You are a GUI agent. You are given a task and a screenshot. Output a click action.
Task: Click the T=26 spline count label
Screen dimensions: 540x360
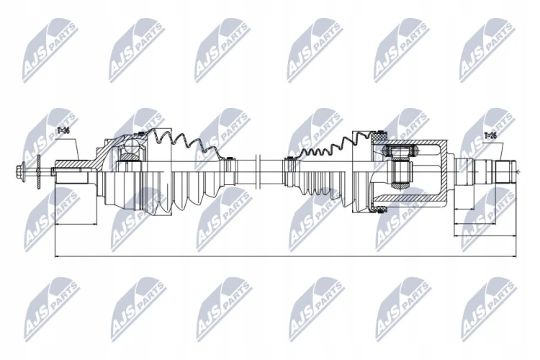coord(490,135)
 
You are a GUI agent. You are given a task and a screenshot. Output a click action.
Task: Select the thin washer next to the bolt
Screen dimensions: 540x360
coord(39,171)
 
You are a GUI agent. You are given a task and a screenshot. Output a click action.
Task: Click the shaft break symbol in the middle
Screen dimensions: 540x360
coord(259,170)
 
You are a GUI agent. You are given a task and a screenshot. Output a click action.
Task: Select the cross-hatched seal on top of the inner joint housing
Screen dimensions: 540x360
coord(379,136)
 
